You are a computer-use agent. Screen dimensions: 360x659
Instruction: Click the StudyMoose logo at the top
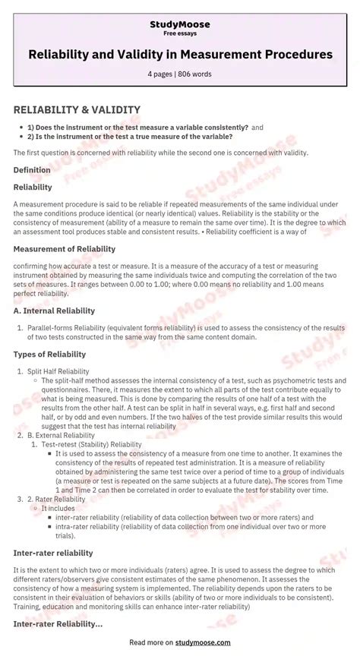(180, 25)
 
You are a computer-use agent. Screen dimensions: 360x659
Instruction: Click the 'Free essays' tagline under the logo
(180, 35)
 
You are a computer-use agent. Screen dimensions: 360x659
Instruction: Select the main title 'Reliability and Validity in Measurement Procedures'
(180, 55)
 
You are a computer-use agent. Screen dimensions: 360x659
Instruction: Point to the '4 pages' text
(162, 74)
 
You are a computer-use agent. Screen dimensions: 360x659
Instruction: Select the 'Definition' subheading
(32, 170)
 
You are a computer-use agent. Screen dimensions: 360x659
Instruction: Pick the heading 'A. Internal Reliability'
(54, 311)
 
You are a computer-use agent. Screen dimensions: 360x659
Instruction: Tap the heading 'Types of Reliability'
(50, 355)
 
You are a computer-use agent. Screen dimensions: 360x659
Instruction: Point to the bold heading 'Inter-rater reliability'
(53, 553)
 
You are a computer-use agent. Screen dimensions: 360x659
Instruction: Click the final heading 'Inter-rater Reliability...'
(58, 623)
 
